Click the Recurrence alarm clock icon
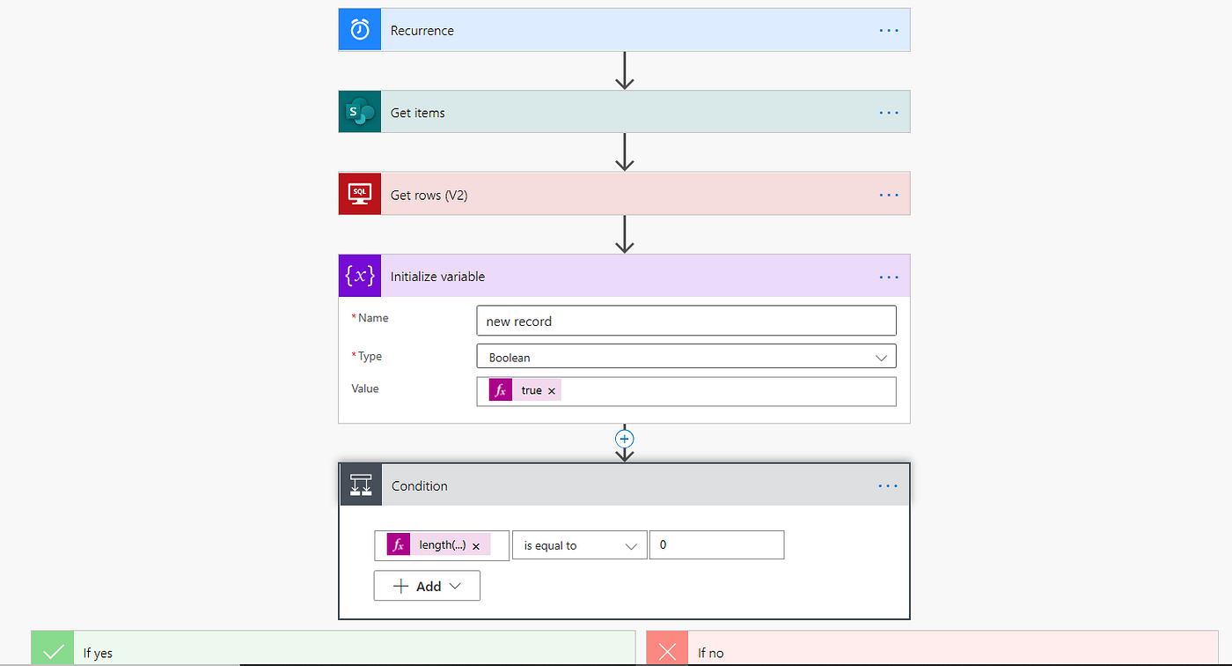(x=360, y=30)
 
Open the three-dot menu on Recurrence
(x=889, y=30)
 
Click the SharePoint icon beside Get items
(x=360, y=112)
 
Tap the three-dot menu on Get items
(x=889, y=113)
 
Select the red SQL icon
(x=360, y=194)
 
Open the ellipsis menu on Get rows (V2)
(x=889, y=195)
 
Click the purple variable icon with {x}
(x=360, y=276)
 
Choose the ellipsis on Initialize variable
(x=889, y=277)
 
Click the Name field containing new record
(x=686, y=321)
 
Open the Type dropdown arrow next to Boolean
(x=881, y=358)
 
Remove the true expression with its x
(x=552, y=390)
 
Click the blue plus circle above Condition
(x=625, y=439)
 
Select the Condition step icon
(x=361, y=485)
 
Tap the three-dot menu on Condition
(x=889, y=486)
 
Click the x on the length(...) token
(x=476, y=546)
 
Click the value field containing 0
(x=716, y=545)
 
